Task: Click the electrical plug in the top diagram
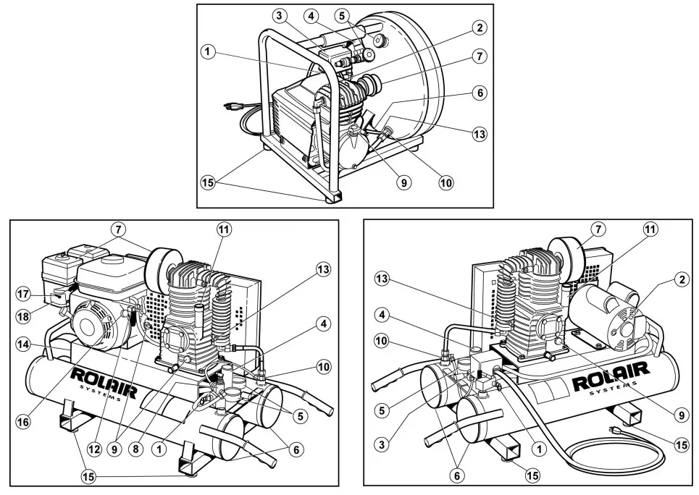[230, 106]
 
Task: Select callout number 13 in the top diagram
[480, 134]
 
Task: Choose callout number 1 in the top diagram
[208, 51]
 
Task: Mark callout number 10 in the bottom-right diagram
[384, 339]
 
